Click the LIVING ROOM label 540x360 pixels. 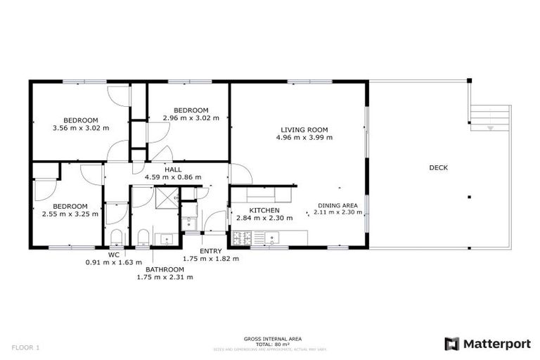304,129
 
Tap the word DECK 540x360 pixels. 438,167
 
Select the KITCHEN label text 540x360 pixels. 264,210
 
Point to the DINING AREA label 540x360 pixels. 335,205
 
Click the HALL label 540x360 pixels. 173,169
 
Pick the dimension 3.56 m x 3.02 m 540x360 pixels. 81,128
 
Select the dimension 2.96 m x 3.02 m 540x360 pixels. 191,118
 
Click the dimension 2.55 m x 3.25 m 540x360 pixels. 69,214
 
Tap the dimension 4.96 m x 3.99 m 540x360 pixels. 304,137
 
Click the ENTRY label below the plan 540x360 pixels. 210,251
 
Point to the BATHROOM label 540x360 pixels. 165,269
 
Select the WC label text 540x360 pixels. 113,255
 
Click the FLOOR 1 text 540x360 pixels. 27,347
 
